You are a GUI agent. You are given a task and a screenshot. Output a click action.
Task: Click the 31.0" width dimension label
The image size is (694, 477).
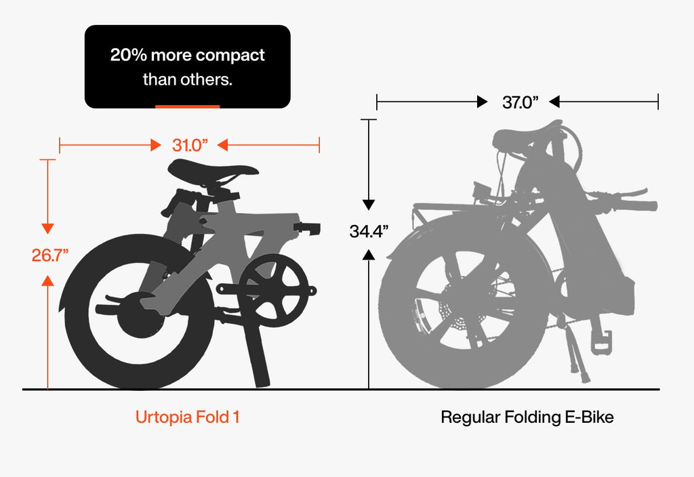click(x=190, y=145)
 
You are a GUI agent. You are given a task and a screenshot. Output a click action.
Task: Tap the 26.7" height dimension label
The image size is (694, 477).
click(x=50, y=255)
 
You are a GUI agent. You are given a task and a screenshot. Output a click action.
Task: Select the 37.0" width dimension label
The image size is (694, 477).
click(x=520, y=102)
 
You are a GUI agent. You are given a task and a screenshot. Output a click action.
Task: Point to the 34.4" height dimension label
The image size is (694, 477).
click(x=369, y=231)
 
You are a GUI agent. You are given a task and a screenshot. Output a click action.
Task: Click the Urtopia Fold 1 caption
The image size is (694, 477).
click(x=187, y=417)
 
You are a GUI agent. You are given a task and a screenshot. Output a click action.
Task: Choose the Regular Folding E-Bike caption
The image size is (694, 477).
click(x=527, y=417)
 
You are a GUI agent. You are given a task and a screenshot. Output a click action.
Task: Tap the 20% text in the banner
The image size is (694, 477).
click(x=128, y=55)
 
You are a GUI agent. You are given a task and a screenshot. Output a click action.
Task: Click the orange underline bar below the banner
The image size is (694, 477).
click(x=187, y=106)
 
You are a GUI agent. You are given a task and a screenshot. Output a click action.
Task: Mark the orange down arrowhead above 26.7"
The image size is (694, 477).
click(x=47, y=228)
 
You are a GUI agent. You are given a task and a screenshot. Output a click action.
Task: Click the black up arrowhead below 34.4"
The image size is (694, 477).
click(x=369, y=254)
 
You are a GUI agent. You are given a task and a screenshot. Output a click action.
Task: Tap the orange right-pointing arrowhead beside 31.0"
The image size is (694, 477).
click(x=156, y=145)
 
